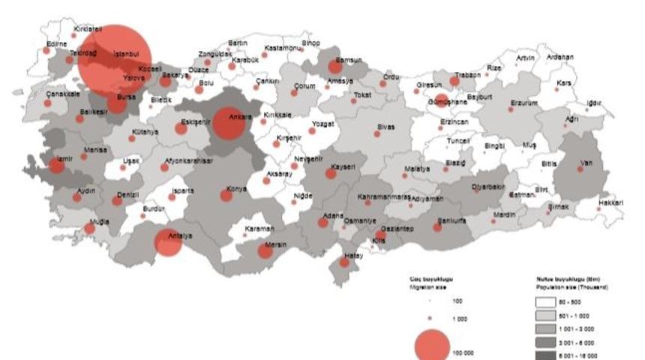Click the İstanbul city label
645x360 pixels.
pyautogui.click(x=127, y=54)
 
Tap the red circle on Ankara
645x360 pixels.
pyautogui.click(x=229, y=124)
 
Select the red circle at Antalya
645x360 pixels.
pyautogui.click(x=168, y=242)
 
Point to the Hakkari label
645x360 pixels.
pyautogui.click(x=612, y=202)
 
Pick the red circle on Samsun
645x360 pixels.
pyautogui.click(x=335, y=67)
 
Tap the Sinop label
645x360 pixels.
pyautogui.click(x=310, y=43)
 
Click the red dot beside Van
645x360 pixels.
pyautogui.click(x=580, y=169)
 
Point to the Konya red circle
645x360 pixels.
pyautogui.click(x=226, y=195)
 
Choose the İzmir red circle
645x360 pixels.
pyautogui.click(x=57, y=165)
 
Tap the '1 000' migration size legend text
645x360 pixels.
pyautogui.click(x=460, y=318)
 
